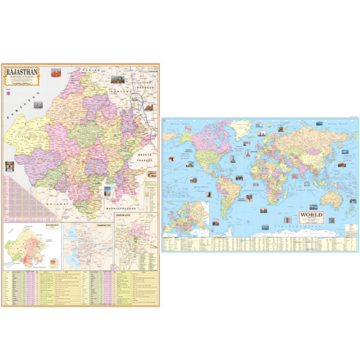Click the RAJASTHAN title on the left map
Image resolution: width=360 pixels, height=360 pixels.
(21, 73)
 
